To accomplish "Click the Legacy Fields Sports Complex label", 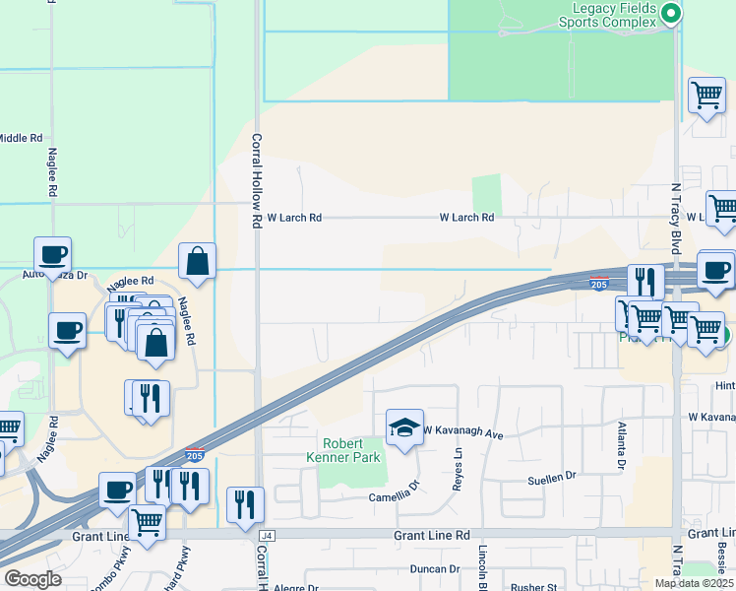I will point(606,14).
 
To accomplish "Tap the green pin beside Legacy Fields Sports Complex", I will point(671,14).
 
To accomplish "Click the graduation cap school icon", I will point(404,427).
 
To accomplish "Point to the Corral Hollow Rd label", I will point(256,181).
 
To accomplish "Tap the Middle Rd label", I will point(20,139).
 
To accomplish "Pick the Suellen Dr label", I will point(551,477).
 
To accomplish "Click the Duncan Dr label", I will point(434,568).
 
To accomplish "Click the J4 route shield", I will point(265,535).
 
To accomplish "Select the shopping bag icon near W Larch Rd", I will point(197,262).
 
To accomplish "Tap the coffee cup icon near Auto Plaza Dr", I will point(52,255).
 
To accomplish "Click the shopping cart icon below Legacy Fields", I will point(706,97).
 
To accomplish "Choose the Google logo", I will point(32,579).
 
